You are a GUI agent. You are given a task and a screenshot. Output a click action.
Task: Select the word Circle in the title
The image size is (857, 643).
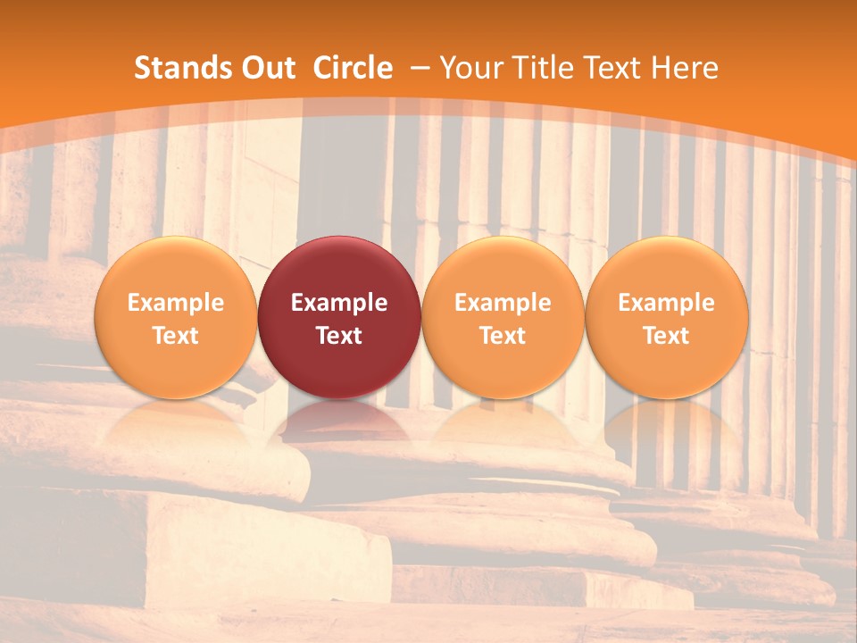tap(353, 68)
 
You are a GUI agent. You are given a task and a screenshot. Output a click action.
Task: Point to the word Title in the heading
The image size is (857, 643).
tap(545, 68)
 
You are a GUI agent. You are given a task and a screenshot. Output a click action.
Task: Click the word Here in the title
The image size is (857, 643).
tap(685, 68)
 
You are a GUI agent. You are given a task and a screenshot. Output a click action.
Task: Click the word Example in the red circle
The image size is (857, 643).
tap(339, 303)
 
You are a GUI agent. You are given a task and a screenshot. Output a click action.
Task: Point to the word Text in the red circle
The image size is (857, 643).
tap(339, 336)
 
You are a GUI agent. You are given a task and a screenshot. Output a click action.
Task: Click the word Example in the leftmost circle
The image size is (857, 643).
tap(175, 303)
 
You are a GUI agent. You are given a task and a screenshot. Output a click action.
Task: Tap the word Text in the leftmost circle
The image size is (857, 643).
tap(175, 336)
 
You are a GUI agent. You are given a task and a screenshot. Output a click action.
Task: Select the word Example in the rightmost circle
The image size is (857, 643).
tap(667, 303)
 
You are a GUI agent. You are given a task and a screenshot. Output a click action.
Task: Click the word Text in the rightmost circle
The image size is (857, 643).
tap(667, 336)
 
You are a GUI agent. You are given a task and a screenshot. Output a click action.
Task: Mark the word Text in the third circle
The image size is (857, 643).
tap(503, 336)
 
